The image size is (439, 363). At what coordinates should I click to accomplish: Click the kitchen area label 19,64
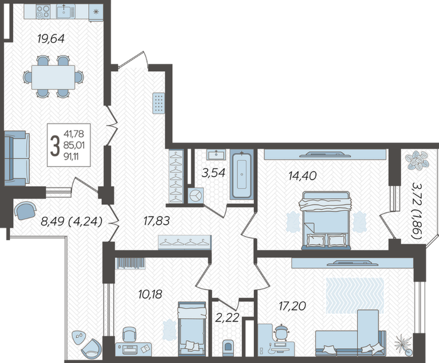[x=51, y=39]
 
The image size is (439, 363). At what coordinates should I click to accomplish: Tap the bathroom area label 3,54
[x=213, y=173]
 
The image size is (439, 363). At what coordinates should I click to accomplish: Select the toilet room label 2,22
[x=227, y=317]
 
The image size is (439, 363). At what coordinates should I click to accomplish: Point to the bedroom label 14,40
[x=302, y=175]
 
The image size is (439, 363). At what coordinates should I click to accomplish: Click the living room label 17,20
[x=292, y=306]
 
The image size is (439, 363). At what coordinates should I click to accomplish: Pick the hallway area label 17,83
[x=157, y=221]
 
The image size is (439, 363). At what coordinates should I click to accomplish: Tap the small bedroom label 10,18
[x=150, y=294]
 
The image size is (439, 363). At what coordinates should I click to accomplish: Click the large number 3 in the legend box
[x=55, y=145]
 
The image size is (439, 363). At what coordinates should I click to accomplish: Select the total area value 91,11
[x=71, y=157]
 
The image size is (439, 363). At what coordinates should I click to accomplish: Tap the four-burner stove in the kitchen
[x=43, y=11]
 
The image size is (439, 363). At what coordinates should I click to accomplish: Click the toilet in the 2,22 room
[x=228, y=348]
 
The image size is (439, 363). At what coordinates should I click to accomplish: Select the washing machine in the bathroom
[x=196, y=195]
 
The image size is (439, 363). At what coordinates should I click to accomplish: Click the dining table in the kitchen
[x=53, y=77]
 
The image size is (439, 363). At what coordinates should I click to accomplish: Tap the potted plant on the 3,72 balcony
[x=417, y=161]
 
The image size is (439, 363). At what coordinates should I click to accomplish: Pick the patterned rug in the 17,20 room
[x=355, y=295]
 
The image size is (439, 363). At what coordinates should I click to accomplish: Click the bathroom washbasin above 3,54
[x=216, y=155]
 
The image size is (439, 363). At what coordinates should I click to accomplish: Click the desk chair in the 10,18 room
[x=129, y=334]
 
